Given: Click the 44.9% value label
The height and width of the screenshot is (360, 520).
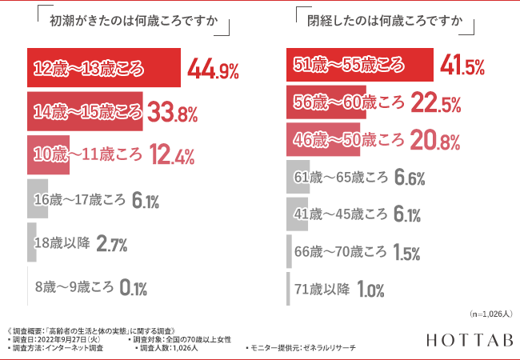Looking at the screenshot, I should [x=213, y=70].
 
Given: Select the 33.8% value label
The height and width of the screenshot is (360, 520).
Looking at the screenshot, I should [x=173, y=113].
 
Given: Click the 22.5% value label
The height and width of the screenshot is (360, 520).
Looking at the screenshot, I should [x=436, y=103].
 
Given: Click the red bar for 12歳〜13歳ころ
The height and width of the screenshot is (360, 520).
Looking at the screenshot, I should [x=103, y=70].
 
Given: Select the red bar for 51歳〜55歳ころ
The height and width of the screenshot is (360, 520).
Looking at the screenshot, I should [x=359, y=65].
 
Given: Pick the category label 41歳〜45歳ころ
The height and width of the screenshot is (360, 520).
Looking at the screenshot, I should [x=341, y=215].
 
